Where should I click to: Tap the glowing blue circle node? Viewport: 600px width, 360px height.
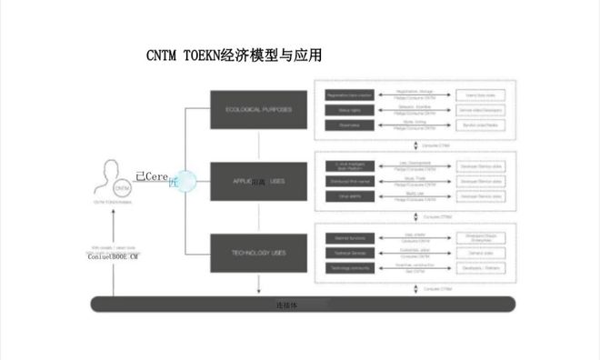[x=185, y=181]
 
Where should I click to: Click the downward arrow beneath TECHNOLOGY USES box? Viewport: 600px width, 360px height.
[x=260, y=284]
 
